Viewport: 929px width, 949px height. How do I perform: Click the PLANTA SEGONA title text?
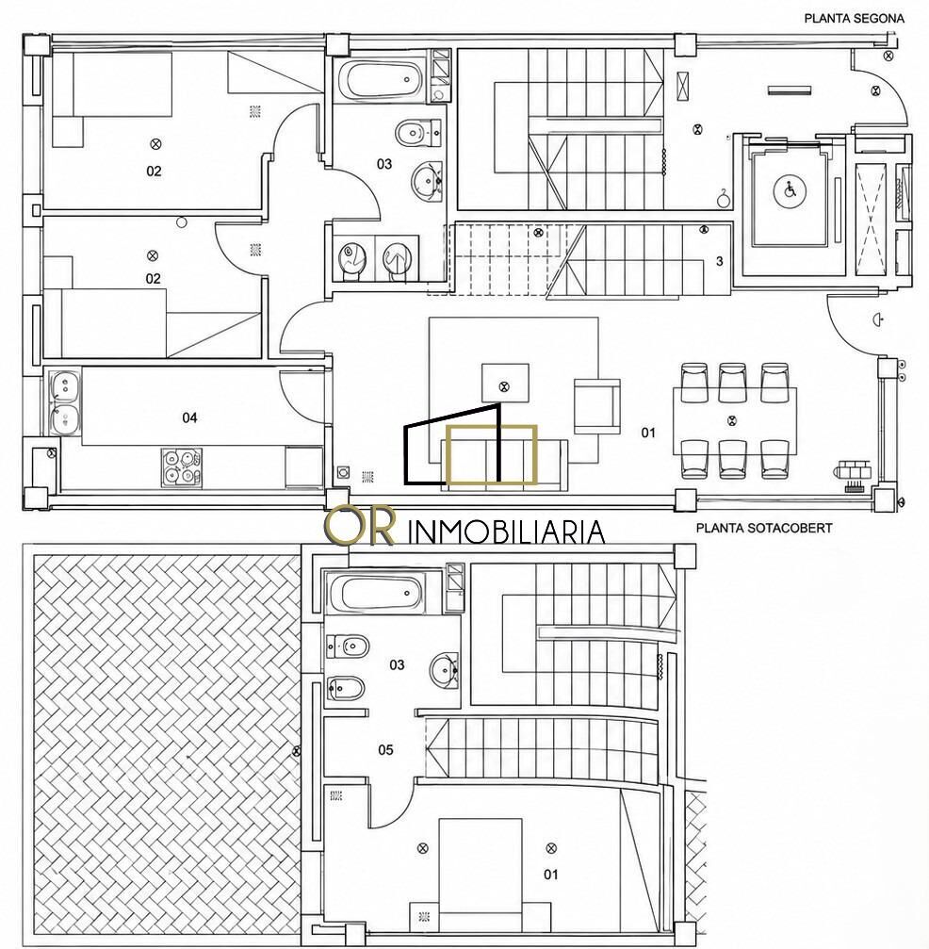pos(854,18)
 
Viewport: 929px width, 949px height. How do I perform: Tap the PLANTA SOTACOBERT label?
pos(764,528)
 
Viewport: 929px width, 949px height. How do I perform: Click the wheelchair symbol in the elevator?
pos(790,191)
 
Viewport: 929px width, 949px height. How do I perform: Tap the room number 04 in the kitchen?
pos(189,417)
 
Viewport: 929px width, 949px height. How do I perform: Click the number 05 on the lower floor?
pos(385,750)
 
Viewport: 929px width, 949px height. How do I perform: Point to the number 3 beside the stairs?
pos(719,261)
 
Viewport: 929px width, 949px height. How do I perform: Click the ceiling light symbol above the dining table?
pos(732,419)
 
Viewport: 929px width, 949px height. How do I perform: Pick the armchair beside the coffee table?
pos(596,406)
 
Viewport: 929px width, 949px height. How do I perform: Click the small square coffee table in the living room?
pos(505,384)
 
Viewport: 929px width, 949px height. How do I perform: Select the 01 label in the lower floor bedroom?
pos(551,875)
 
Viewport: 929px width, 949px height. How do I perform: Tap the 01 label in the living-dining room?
pos(648,433)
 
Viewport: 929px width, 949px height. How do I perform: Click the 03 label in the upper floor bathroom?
pos(384,164)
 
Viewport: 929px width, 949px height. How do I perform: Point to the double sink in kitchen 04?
pos(64,403)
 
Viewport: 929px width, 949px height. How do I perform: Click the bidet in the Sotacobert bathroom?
pos(346,688)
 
